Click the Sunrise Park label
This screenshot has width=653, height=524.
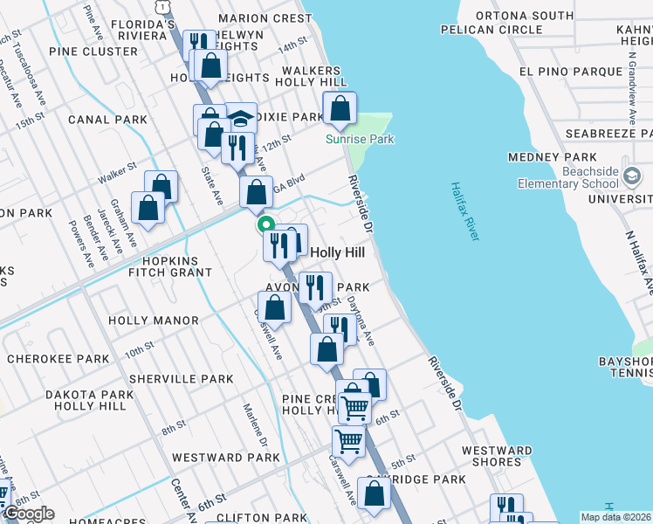pyautogui.click(x=360, y=139)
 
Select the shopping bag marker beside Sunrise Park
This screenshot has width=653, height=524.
pyautogui.click(x=340, y=110)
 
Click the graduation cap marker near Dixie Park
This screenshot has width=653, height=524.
pyautogui.click(x=241, y=121)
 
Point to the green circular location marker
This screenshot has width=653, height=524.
pyautogui.click(x=265, y=225)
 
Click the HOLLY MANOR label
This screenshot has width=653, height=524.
pyautogui.click(x=154, y=321)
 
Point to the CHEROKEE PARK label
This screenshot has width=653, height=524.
pyautogui.click(x=58, y=359)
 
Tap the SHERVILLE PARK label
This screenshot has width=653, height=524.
pyautogui.click(x=181, y=379)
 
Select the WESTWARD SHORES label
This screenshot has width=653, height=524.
pyautogui.click(x=497, y=456)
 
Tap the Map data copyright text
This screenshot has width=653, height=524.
pyautogui.click(x=616, y=517)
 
